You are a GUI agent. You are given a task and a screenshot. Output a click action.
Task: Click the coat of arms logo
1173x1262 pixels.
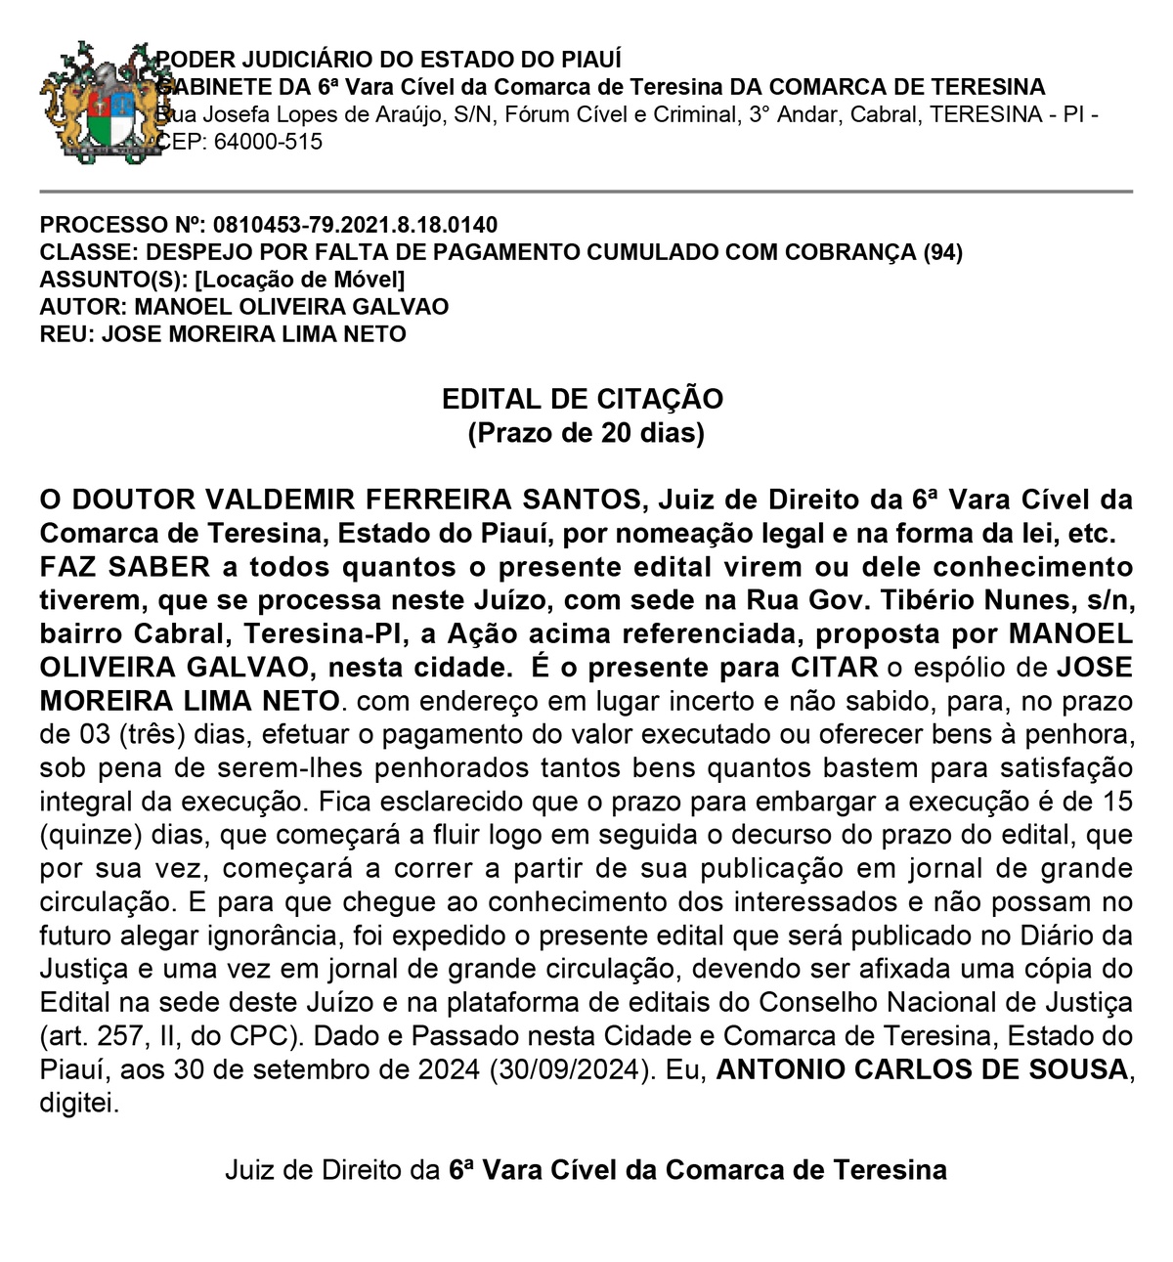click(98, 102)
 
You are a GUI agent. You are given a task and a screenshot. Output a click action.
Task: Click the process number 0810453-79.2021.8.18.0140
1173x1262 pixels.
click(355, 225)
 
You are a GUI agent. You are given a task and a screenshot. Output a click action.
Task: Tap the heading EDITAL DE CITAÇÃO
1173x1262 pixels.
click(583, 399)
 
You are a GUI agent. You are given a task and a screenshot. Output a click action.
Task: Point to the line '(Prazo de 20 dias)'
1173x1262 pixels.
click(586, 432)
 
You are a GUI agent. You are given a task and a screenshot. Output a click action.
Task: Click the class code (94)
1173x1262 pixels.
click(942, 252)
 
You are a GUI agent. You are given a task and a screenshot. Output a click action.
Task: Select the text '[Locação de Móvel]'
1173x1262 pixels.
click(299, 280)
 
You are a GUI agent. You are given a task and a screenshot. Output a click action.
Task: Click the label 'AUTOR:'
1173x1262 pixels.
click(83, 307)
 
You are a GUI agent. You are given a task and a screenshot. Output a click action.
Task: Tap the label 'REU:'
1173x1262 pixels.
click(67, 334)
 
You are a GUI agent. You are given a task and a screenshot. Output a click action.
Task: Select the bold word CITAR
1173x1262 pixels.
click(834, 668)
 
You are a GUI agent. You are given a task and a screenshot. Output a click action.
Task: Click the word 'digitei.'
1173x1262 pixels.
click(79, 1104)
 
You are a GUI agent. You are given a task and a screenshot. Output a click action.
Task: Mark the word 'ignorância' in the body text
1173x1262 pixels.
click(273, 936)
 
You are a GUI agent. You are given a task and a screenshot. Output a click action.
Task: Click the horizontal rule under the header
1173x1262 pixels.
click(586, 192)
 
